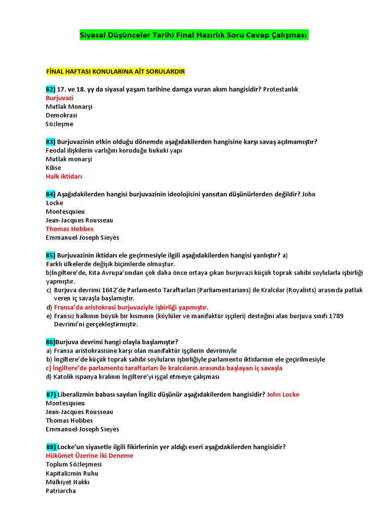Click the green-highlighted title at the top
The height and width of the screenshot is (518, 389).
coord(194,35)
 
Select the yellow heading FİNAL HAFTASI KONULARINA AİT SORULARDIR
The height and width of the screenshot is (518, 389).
coord(115,71)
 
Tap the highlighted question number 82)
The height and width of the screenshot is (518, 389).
coord(50,89)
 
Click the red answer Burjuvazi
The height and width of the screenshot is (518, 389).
coord(60,98)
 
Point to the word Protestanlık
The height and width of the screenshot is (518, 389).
coord(281,89)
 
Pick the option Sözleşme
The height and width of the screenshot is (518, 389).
coord(59,124)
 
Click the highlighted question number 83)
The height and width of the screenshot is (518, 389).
coord(50,142)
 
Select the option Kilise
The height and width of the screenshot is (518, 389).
coord(53,168)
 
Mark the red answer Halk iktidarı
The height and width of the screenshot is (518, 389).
coord(64,177)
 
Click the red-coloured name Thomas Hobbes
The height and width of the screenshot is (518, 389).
coord(69,229)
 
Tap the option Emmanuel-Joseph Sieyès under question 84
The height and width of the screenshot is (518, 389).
coord(82,238)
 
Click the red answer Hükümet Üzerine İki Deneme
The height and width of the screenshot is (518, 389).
coord(89,456)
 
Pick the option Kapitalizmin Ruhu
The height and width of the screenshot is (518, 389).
coord(72,473)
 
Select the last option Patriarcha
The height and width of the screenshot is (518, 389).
coord(61,491)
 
